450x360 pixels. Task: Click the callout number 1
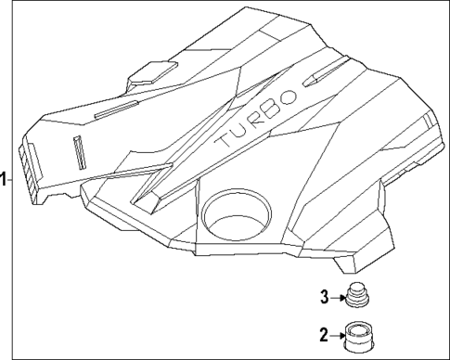tap(5, 179)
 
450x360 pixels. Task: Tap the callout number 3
tap(326, 297)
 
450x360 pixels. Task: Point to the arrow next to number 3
tap(338, 297)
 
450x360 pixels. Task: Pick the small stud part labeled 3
tap(357, 296)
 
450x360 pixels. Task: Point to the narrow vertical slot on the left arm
tap(78, 151)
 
